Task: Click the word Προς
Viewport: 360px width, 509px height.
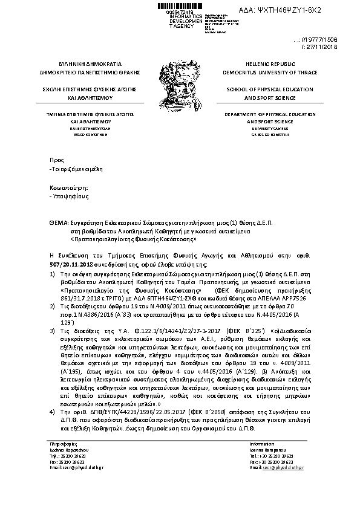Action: point(56,160)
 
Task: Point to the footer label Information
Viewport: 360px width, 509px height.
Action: point(261,444)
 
